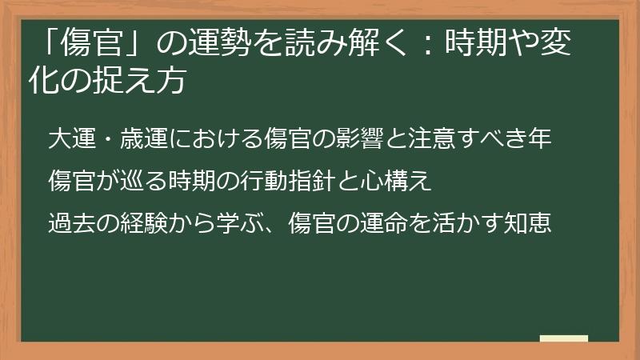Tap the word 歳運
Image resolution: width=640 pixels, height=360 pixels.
pos(142,138)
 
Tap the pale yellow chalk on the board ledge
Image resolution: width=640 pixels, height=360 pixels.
pos(563,338)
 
